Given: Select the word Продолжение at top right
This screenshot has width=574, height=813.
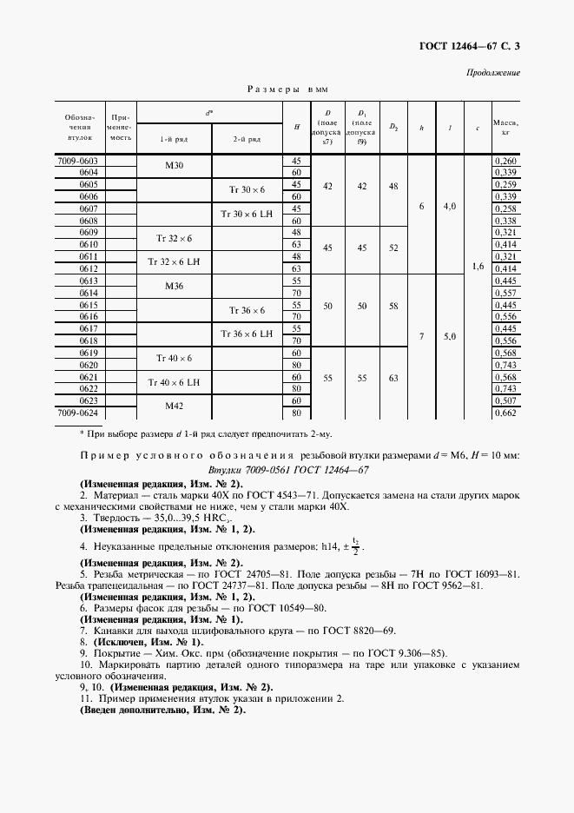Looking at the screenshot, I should pos(493,72).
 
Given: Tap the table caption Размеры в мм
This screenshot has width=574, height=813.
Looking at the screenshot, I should pos(287,89).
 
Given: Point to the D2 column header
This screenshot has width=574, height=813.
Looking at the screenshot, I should pos(393,128).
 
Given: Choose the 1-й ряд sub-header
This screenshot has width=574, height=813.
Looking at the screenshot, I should pos(173,138).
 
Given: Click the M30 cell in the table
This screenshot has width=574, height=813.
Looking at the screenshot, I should pos(174,167).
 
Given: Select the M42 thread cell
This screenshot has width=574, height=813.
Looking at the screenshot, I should pos(174,406).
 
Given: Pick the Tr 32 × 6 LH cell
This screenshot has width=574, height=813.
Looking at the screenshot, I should pos(174,262).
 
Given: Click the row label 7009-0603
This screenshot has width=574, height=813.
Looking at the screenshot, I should pos(78,161).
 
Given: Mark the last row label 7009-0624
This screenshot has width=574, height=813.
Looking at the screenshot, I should pos(78,413).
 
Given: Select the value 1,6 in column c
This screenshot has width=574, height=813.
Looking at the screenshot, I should pos(478,268).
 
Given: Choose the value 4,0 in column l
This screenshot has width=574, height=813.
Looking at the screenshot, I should pos(450,207).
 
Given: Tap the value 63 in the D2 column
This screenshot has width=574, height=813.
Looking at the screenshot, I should pos(393,378).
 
